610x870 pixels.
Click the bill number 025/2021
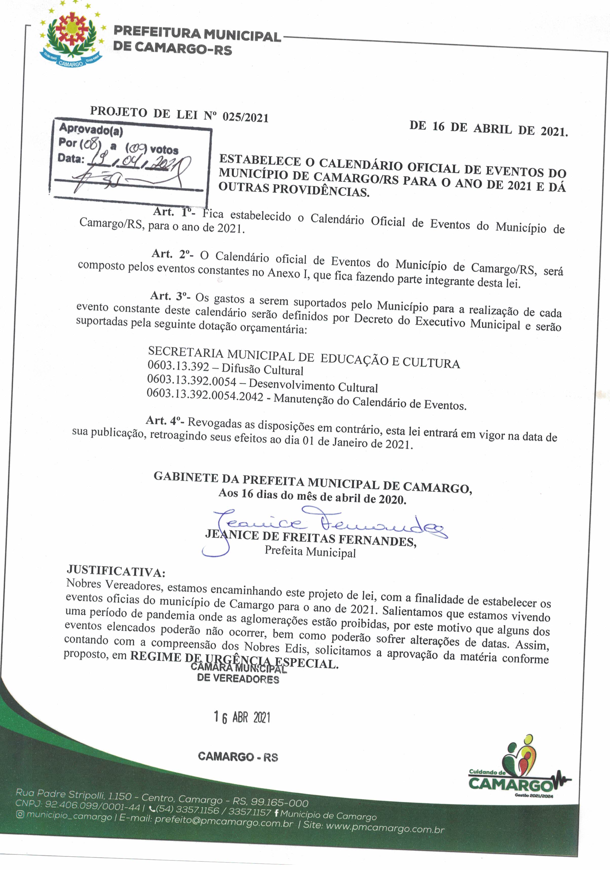coord(245,117)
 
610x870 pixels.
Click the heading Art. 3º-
coord(171,296)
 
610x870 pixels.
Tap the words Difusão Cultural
coord(262,370)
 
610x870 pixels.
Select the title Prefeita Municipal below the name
coord(310,552)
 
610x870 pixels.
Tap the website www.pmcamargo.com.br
coord(385,828)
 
